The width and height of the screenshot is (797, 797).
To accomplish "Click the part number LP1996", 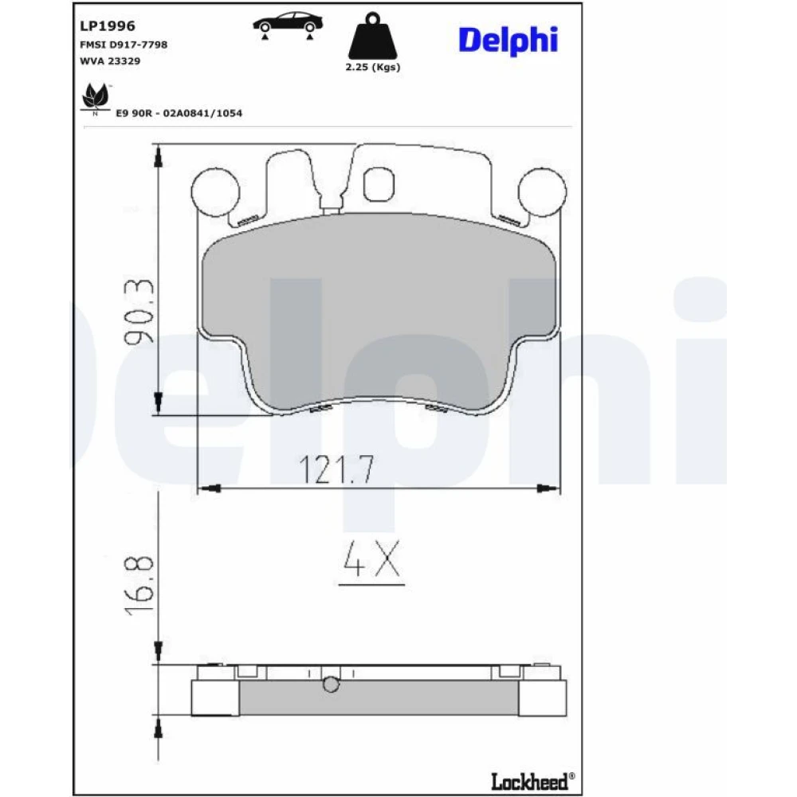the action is [x=108, y=26].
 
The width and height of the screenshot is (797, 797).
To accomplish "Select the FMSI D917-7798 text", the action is [x=124, y=45].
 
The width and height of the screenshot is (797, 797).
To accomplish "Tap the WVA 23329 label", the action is [x=110, y=61].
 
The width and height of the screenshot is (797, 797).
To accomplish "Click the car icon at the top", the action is [x=289, y=26].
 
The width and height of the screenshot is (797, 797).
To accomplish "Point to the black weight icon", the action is [x=372, y=36].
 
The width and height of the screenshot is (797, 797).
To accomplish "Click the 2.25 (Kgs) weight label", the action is [x=372, y=67].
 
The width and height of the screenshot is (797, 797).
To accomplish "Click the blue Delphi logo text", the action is [x=508, y=40].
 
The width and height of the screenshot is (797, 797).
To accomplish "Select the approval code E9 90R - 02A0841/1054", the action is [x=179, y=113].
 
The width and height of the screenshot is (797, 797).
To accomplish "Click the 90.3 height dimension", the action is [x=138, y=311].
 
